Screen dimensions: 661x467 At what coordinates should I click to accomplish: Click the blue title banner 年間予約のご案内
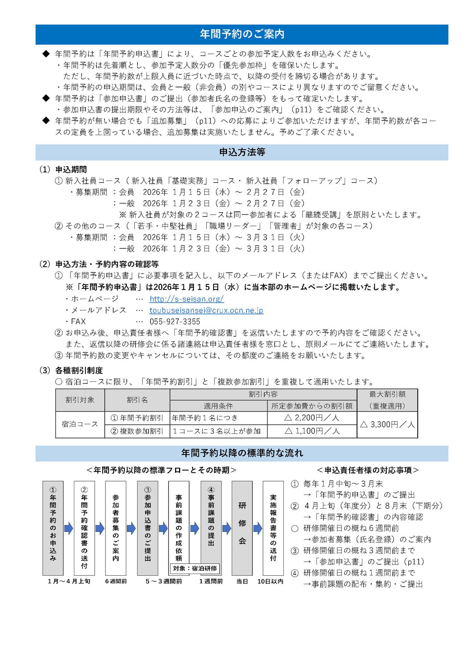[242, 34]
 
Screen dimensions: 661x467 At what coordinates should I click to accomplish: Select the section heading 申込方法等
[242, 152]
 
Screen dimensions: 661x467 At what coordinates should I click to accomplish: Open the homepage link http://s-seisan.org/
[186, 299]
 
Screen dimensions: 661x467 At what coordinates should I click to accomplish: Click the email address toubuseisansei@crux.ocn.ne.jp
[206, 310]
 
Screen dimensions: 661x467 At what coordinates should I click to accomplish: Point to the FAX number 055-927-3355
[175, 321]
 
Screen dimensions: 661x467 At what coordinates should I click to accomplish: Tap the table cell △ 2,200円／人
[312, 418]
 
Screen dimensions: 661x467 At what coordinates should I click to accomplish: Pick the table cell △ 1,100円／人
[312, 431]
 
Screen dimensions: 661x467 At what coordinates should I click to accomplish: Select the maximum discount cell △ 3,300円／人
[387, 424]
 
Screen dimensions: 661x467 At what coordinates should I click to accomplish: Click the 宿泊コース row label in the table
[80, 424]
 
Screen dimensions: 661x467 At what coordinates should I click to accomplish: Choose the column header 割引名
[137, 400]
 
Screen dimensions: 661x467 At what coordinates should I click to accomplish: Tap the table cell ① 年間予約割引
[137, 418]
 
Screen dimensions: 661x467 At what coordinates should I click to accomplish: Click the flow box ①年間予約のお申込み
[53, 528]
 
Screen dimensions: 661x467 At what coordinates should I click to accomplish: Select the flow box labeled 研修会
[242, 528]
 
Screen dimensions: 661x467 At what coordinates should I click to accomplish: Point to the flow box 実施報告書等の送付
[273, 528]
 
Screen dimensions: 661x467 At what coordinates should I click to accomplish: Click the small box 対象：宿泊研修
[195, 568]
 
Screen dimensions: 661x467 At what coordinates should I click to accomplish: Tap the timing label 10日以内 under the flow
[270, 581]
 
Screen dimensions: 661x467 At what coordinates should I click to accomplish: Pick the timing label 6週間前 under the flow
[116, 581]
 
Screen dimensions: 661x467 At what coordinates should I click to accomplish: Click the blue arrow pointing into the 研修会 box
[226, 529]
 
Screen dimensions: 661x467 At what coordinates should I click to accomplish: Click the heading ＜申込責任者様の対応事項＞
[368, 470]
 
